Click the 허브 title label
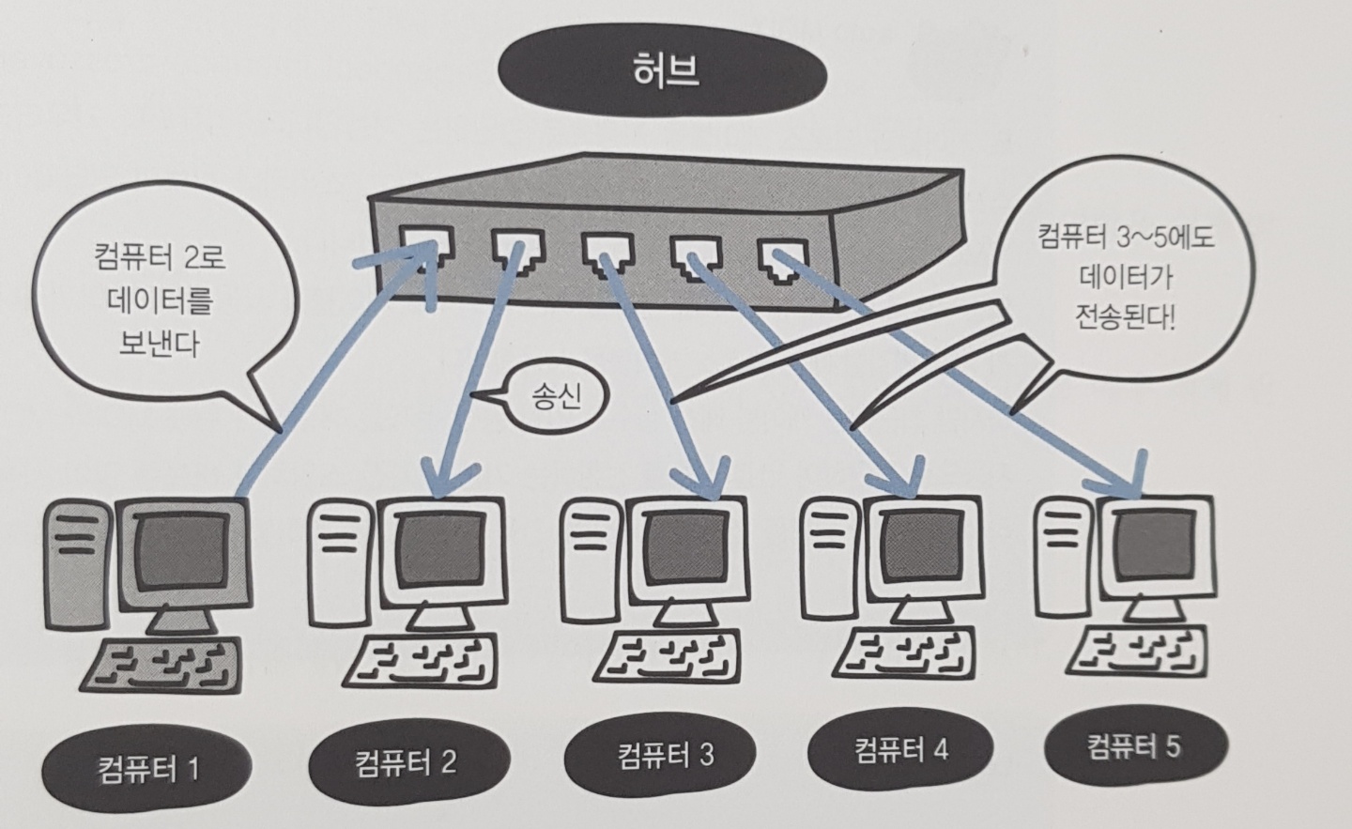(666, 73)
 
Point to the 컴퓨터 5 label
(1133, 747)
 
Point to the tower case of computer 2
(337, 563)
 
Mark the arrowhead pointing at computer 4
(909, 484)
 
